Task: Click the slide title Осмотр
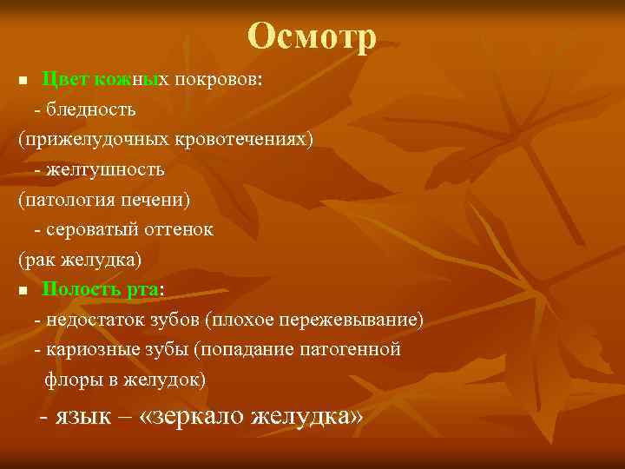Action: pyautogui.click(x=312, y=36)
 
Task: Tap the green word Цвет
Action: pyautogui.click(x=62, y=80)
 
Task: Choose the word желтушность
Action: pyautogui.click(x=103, y=170)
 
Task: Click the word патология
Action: pyautogui.click(x=62, y=201)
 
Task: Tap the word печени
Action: pyautogui.click(x=155, y=201)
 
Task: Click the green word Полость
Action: pyautogui.click(x=79, y=290)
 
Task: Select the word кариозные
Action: pyautogui.click(x=84, y=350)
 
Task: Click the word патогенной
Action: pyautogui.click(x=355, y=350)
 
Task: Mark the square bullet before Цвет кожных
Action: pyautogui.click(x=23, y=81)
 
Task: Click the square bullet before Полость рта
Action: pyautogui.click(x=23, y=291)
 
